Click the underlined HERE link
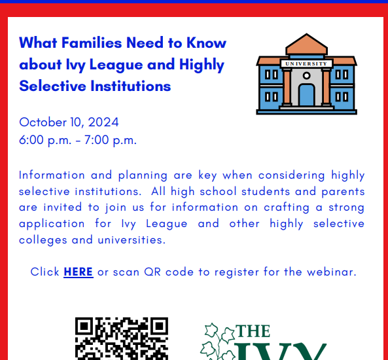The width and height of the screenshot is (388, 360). [79, 272]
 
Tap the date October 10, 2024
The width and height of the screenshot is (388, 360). [69, 122]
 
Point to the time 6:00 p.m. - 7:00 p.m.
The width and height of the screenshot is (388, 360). [78, 140]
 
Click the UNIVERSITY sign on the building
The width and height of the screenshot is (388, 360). [306, 63]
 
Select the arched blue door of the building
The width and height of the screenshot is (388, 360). [307, 95]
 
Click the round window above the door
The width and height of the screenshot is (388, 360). [307, 75]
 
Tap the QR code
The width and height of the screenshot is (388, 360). [122, 338]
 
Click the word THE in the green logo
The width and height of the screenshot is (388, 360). [253, 331]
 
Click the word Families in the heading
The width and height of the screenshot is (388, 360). [92, 43]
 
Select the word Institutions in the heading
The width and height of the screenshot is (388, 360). [131, 86]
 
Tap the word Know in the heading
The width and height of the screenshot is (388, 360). [206, 43]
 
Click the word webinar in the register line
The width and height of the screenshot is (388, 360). [332, 272]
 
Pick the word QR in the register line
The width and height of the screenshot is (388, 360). [152, 272]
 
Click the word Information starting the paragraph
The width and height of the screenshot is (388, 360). [52, 175]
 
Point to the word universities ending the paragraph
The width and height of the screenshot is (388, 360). [132, 240]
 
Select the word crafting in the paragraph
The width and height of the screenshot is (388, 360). [287, 207]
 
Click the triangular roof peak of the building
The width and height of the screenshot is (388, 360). [307, 44]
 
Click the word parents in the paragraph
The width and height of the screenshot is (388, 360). [343, 192]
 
